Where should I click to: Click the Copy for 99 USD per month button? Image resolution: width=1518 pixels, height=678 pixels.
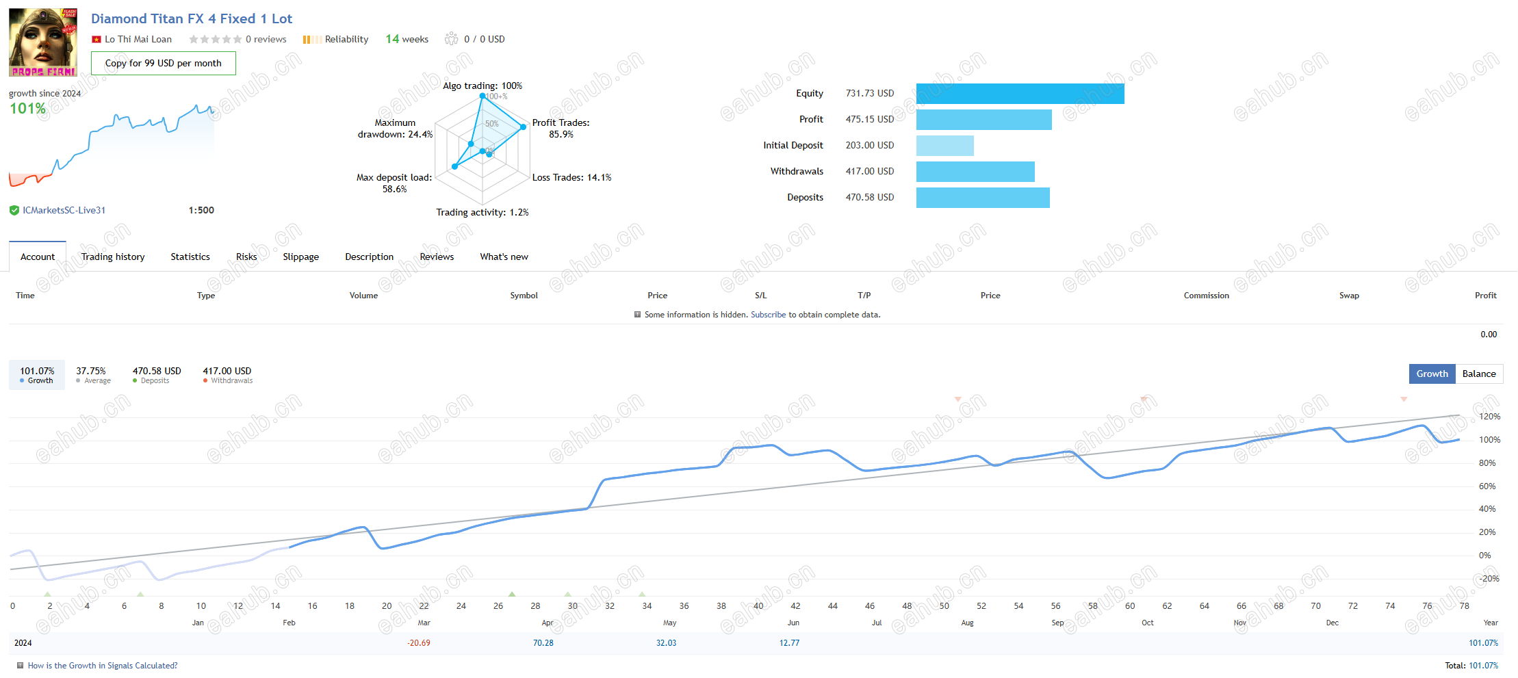point(164,63)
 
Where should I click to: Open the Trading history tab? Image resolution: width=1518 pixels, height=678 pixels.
point(113,257)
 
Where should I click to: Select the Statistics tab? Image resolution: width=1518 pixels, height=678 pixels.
point(190,257)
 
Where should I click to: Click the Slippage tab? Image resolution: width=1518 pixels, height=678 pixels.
point(301,257)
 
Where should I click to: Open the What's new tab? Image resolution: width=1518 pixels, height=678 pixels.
point(504,257)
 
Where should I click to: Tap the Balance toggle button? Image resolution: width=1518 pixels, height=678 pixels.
point(1479,374)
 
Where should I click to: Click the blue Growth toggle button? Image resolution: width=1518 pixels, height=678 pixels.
point(1432,374)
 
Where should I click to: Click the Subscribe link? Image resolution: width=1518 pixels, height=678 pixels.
point(769,315)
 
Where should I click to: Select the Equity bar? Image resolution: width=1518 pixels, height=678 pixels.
point(1020,94)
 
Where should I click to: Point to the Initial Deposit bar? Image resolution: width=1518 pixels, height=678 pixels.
point(945,146)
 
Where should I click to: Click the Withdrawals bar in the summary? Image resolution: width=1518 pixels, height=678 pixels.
point(975,172)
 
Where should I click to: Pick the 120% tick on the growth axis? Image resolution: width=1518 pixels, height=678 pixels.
point(1489,417)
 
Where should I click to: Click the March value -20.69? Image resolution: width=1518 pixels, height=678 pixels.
point(419,643)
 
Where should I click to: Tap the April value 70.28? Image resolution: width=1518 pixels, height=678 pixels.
point(543,643)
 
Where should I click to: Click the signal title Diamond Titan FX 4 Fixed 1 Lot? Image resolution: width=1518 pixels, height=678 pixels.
point(192,18)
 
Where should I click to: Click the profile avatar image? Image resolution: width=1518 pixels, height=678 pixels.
point(43,42)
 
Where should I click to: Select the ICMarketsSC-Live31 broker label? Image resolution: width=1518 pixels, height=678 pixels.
point(64,210)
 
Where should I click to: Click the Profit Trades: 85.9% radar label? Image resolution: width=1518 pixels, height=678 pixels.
point(561,129)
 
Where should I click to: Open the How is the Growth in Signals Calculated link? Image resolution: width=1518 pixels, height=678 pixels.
point(103,666)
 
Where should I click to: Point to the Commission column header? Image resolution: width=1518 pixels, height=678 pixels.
point(1207,296)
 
